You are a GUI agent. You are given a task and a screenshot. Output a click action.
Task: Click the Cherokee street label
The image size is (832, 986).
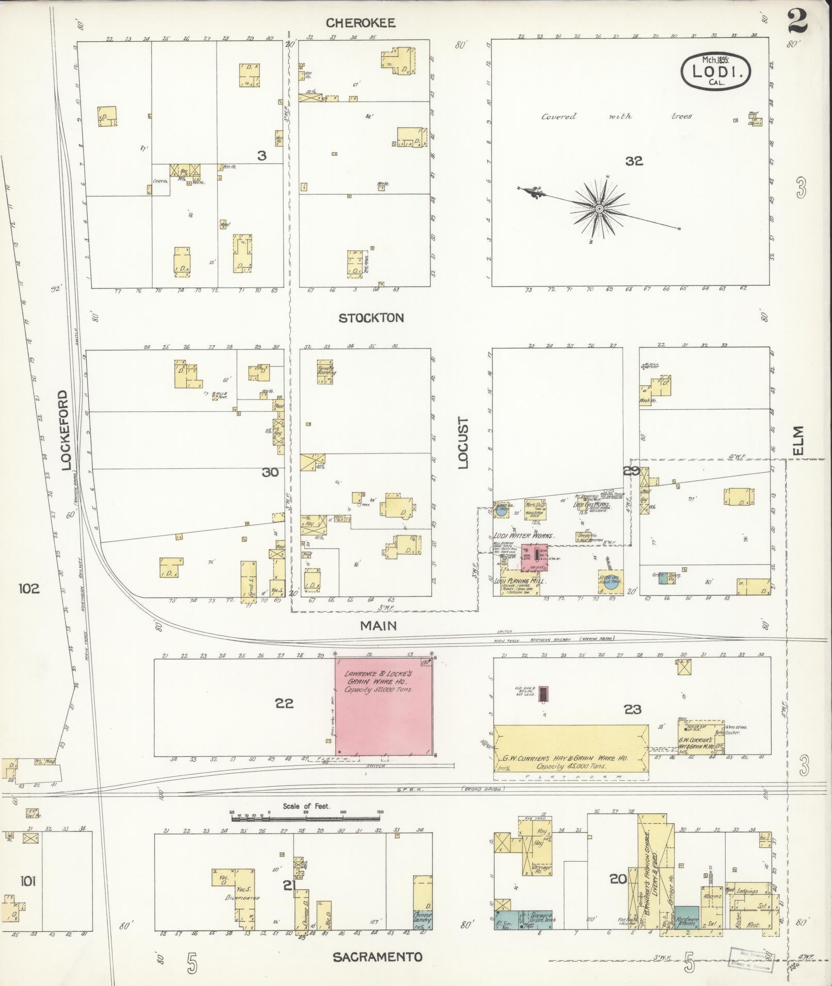(361, 23)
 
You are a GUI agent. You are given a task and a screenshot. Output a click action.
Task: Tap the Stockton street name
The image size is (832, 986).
(371, 318)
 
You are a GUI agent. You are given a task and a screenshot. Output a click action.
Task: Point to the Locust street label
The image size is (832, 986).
(463, 443)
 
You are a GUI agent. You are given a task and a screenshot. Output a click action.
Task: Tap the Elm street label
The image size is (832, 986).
(798, 441)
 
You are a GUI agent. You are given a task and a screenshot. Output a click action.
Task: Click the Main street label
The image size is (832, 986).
(378, 625)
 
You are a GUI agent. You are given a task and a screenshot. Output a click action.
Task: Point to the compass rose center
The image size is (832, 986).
(599, 209)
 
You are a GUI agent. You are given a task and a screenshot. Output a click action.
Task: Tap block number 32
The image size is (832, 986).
(634, 161)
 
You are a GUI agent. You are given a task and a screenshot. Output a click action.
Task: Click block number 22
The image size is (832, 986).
(284, 703)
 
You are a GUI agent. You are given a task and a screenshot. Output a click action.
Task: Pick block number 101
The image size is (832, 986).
(28, 881)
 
